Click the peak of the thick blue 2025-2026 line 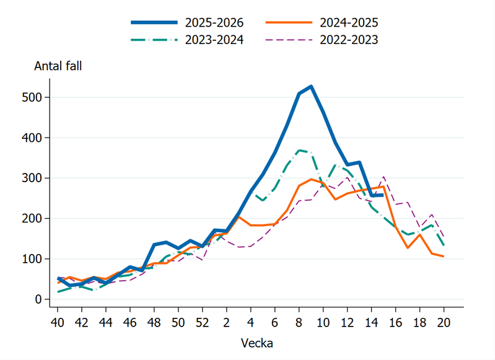(311, 86)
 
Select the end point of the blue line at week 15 (383, 195)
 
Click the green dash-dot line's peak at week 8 (299, 150)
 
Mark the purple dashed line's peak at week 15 (383, 177)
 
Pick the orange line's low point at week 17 (408, 248)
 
